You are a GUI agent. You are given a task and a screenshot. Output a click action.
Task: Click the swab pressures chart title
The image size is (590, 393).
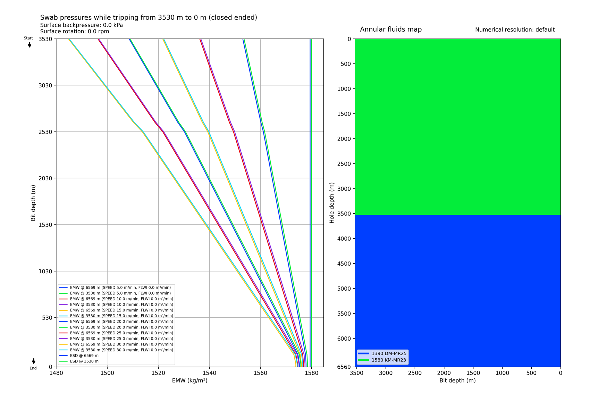[x=149, y=18]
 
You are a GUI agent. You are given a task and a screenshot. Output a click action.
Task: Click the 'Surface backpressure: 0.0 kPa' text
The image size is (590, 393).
[x=82, y=25]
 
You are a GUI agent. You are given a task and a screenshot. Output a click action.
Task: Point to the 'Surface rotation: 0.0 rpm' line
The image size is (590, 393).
[x=75, y=32]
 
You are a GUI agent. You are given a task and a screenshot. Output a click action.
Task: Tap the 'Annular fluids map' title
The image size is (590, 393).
[x=391, y=29]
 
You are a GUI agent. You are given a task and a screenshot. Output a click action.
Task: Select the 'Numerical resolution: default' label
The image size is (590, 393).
[x=515, y=30]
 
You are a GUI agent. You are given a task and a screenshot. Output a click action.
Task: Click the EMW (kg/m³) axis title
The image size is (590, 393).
[x=189, y=381]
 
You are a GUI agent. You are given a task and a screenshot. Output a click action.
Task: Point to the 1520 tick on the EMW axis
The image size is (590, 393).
[x=158, y=373]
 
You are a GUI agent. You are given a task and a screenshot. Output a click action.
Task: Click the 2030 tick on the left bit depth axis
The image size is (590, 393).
[x=45, y=178]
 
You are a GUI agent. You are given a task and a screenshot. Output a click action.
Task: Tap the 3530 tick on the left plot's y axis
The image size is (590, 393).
[x=45, y=39]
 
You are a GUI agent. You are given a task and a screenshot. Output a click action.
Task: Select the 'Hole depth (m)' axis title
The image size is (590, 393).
[x=332, y=203]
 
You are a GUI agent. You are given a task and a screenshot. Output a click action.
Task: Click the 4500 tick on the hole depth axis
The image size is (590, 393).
[x=344, y=264]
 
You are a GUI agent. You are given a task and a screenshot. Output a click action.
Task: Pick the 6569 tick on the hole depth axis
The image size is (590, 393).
[x=344, y=367]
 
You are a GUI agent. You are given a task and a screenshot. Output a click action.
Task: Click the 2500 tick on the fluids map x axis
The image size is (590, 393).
[x=415, y=373]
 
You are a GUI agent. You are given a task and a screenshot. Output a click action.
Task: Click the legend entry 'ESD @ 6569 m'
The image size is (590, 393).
[x=84, y=356]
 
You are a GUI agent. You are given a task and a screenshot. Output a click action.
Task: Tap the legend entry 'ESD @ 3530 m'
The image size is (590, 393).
[x=84, y=361]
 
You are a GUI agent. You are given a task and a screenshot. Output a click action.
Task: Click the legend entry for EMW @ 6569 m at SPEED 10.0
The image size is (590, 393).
[x=121, y=299]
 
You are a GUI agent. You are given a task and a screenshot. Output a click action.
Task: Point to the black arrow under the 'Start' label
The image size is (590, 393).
[x=30, y=45]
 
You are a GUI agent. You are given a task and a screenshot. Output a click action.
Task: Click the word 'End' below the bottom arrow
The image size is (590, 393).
[x=33, y=368]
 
